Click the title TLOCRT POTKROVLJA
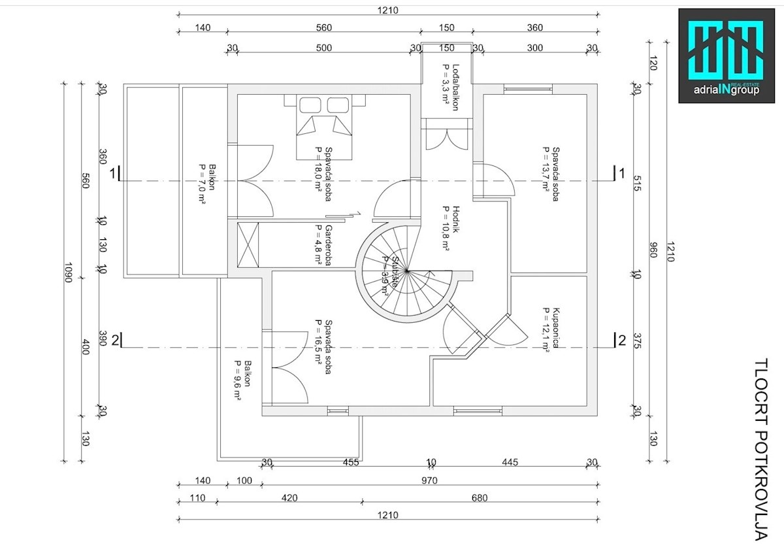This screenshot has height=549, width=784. click(x=760, y=450)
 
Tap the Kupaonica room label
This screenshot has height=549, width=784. click(x=550, y=330)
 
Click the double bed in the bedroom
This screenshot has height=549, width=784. click(x=321, y=127)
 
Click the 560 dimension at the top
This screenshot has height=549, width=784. click(x=323, y=27)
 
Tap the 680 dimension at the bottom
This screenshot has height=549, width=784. click(x=479, y=498)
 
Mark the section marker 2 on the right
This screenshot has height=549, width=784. click(x=621, y=339)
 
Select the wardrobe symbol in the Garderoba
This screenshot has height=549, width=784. click(x=249, y=245)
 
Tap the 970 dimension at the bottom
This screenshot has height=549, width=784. click(x=429, y=480)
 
